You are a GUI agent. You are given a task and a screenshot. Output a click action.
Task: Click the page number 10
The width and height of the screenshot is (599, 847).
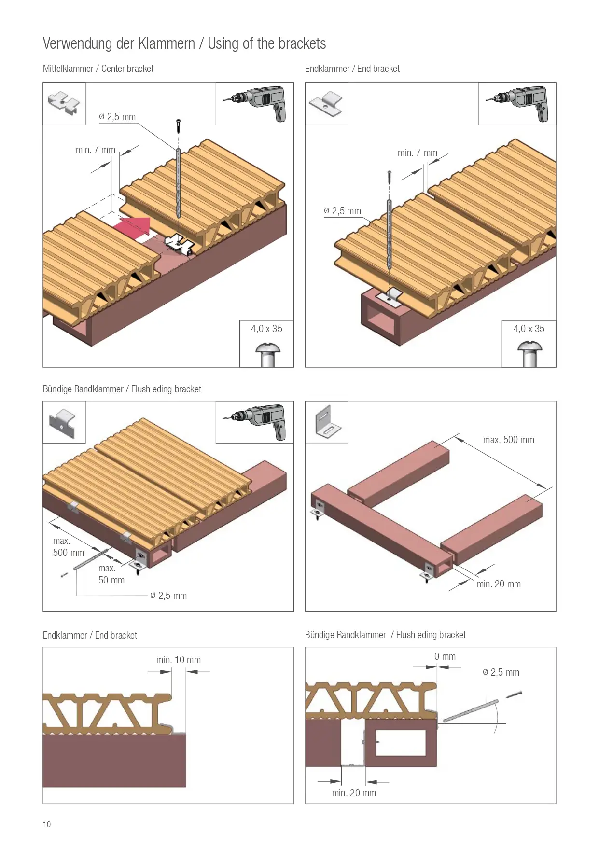(x=47, y=824)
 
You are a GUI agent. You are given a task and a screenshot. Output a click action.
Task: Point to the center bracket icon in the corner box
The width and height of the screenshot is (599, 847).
(x=64, y=102)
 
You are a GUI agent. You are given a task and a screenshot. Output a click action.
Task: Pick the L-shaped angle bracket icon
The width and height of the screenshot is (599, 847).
(x=327, y=422)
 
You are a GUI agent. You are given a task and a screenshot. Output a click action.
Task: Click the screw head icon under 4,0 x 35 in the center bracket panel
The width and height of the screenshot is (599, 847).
(x=267, y=355)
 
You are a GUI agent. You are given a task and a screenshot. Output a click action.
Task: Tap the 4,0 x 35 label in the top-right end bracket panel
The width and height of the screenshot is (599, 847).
(x=529, y=329)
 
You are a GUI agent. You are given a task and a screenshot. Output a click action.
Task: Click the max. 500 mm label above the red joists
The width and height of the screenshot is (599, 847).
(x=509, y=440)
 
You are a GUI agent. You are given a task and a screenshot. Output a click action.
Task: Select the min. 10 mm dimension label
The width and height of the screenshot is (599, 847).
(x=179, y=660)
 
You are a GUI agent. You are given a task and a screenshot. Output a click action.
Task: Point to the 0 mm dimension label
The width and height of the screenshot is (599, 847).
(x=445, y=656)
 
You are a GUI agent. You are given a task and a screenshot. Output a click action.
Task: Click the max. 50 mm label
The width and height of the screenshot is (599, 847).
(x=111, y=574)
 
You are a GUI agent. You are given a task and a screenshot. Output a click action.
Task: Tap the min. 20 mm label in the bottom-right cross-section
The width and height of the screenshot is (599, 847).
(x=354, y=793)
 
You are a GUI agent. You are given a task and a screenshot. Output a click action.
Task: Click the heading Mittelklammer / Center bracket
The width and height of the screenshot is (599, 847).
(x=98, y=69)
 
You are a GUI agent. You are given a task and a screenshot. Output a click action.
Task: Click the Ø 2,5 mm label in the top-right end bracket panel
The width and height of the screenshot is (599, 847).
(x=342, y=211)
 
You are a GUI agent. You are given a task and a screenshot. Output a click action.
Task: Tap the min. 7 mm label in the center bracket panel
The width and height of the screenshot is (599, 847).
(x=96, y=150)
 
